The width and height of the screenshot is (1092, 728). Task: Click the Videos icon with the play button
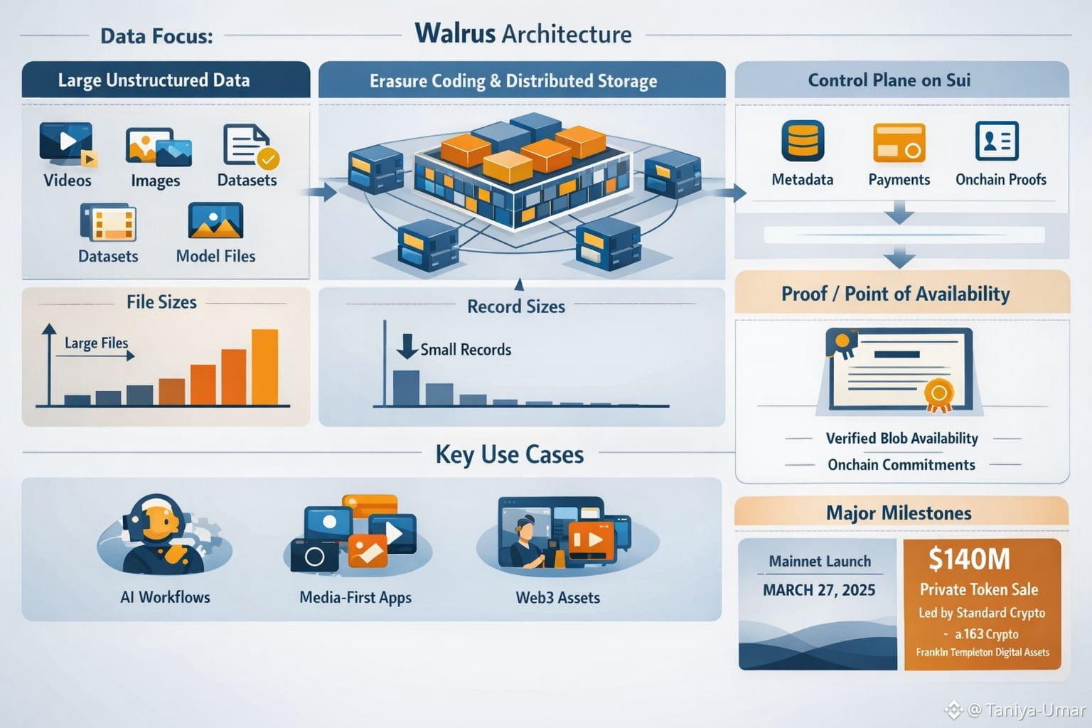click(66, 142)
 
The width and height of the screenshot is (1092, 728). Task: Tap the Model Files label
click(215, 256)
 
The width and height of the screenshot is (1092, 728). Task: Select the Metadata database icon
click(803, 141)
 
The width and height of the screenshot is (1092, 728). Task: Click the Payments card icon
click(899, 143)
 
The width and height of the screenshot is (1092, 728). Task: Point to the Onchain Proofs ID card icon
click(997, 141)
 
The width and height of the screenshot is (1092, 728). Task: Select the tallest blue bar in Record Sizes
click(406, 387)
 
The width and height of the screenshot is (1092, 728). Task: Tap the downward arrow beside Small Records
click(407, 346)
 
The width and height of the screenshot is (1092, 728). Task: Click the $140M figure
click(969, 560)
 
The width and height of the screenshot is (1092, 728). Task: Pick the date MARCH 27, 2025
click(819, 590)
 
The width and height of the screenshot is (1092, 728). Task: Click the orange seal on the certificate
click(938, 394)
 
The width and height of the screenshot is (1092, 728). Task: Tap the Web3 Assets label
click(557, 598)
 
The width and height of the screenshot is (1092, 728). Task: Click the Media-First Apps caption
click(355, 598)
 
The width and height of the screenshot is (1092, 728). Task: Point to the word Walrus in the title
click(455, 33)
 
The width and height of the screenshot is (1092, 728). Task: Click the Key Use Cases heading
click(509, 454)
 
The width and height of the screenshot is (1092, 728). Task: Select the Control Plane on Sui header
click(889, 80)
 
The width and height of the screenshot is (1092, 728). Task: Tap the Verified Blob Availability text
click(901, 438)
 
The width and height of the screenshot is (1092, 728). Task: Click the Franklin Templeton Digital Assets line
click(983, 652)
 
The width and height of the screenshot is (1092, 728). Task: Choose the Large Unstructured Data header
click(154, 80)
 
